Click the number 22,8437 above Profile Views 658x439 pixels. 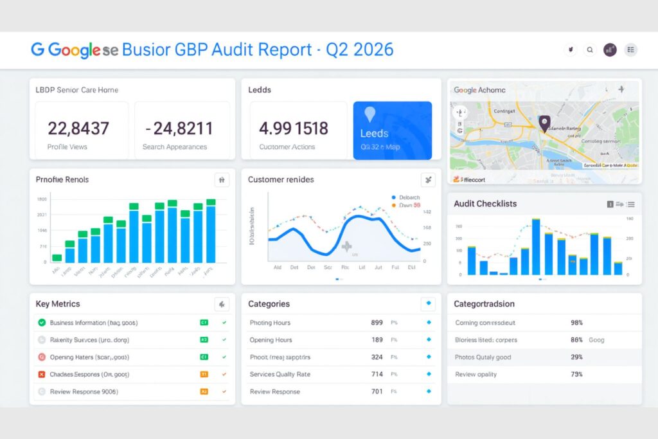78,129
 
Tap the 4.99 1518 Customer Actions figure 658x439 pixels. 293,129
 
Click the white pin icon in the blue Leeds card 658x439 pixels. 369,114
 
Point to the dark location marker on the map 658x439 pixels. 544,122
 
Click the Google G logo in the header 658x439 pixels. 37,49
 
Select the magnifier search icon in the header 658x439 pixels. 590,49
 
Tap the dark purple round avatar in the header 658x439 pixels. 610,49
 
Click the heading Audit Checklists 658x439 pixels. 485,204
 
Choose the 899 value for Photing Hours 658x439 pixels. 377,323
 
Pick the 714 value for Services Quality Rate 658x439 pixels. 377,374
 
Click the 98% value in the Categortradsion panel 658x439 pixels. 576,323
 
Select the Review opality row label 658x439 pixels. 476,374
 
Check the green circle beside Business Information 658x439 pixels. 42,323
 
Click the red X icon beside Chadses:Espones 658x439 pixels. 42,374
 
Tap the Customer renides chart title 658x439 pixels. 281,180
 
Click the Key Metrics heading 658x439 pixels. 58,304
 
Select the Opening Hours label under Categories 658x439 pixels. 271,340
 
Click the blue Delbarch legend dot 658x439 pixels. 393,197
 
